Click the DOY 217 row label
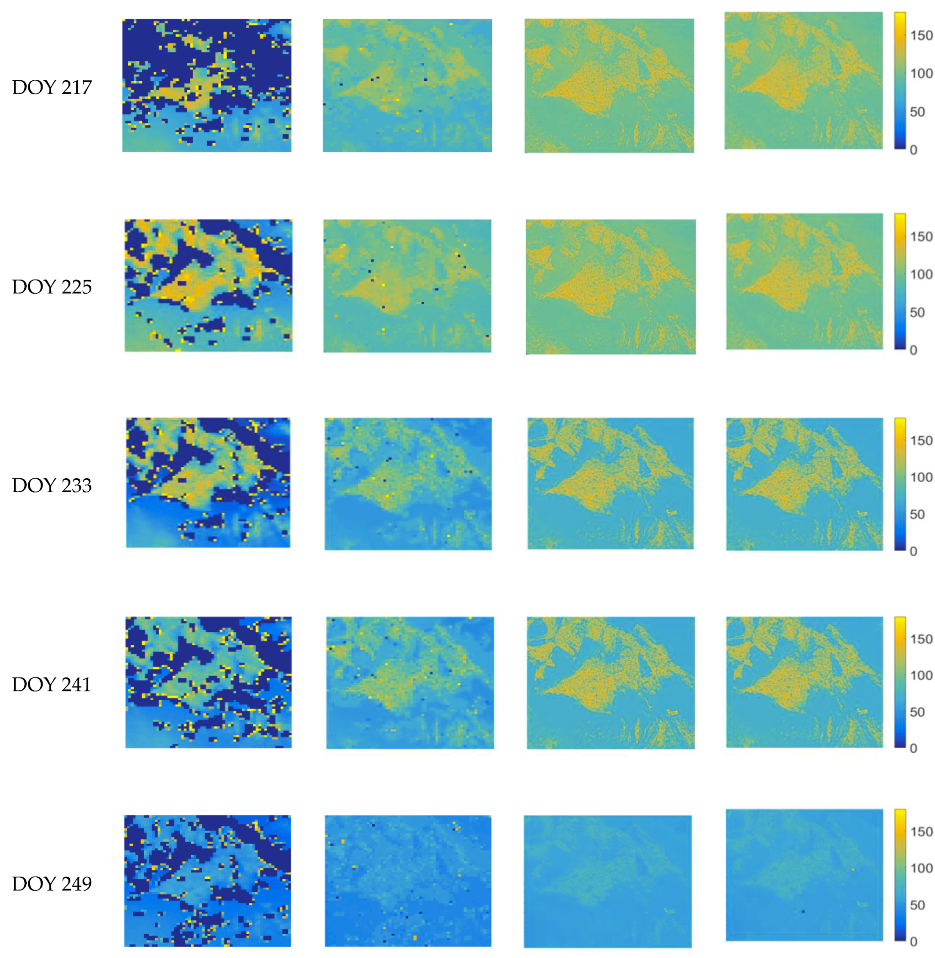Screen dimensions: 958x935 [52, 87]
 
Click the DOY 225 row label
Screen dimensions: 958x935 [52, 287]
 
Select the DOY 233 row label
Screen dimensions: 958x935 [52, 485]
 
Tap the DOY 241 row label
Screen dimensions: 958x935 [52, 684]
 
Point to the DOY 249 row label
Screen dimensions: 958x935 [52, 884]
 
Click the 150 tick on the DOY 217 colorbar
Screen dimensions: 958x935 [921, 36]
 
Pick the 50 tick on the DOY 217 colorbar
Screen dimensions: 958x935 [917, 112]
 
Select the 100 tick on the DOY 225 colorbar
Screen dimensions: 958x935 [921, 275]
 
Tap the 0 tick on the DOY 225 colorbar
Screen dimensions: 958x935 [913, 350]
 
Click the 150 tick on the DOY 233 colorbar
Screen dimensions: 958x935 [921, 441]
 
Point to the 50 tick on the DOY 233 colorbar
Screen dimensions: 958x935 [917, 514]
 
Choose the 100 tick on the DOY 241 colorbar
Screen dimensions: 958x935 [921, 676]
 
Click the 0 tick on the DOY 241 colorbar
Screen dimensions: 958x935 [913, 748]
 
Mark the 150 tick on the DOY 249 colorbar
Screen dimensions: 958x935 [921, 832]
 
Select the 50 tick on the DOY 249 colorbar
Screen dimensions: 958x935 [917, 905]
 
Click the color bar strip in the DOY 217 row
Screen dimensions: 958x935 [900, 80]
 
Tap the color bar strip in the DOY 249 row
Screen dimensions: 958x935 [900, 875]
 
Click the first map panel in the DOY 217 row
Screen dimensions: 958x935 [207, 85]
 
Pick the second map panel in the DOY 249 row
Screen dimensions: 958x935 [408, 881]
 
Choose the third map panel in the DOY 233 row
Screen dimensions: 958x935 [610, 483]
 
